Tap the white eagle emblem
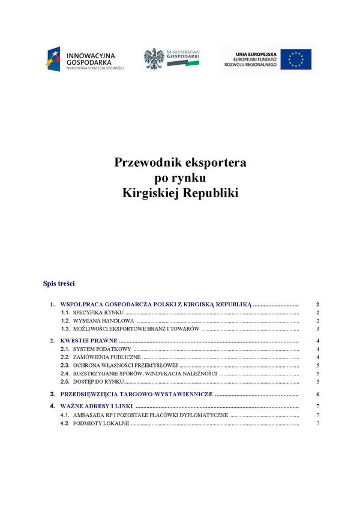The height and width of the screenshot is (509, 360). tap(154, 59)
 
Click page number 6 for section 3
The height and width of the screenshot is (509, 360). tap(317, 394)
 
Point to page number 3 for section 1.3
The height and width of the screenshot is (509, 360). tap(317, 329)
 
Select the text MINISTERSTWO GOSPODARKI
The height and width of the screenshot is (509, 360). tap(183, 55)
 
